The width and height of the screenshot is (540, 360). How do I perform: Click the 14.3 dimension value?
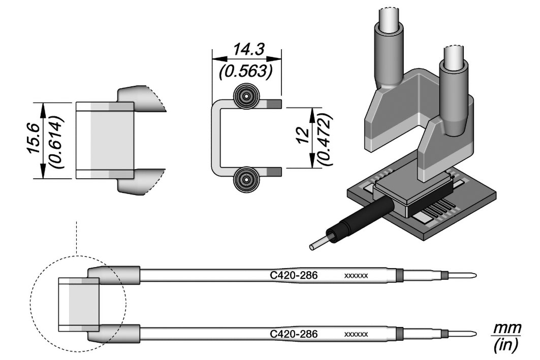(247, 50)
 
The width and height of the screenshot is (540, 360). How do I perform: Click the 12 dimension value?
(302, 136)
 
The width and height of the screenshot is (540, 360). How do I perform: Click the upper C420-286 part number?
(294, 275)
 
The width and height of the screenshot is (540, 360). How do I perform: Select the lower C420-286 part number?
(294, 334)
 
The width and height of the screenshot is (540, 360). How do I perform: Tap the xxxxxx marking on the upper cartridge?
(357, 276)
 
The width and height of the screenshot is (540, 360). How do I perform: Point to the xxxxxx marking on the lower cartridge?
(357, 334)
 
